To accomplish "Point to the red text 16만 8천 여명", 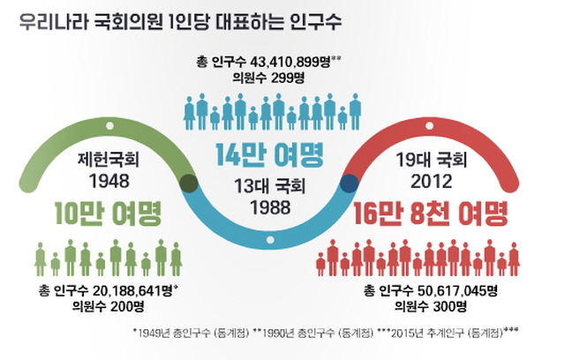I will click(x=431, y=214).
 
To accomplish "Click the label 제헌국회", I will click(x=103, y=162).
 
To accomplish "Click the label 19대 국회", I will click(x=431, y=162).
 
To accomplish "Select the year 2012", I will click(x=431, y=183).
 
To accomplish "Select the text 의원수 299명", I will click(x=269, y=79).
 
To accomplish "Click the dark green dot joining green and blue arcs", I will click(x=188, y=184).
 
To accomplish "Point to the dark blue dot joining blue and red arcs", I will click(x=349, y=184).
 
